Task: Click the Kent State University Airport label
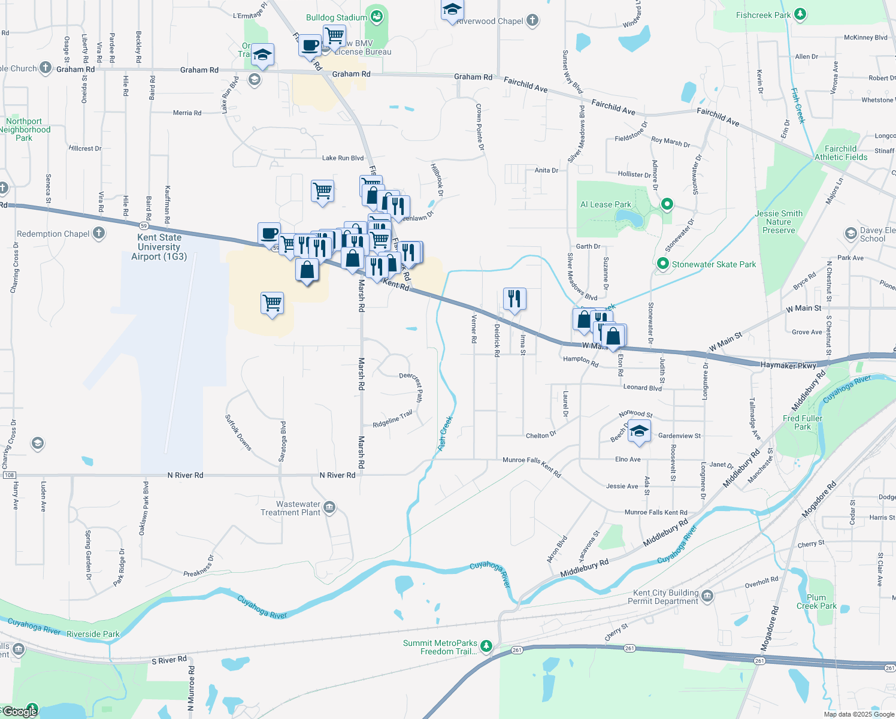coord(159,247)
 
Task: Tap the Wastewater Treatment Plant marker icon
coord(329,508)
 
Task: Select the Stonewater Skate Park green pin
coord(662,264)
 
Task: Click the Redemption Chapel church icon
coord(99,233)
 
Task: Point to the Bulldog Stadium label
coord(336,17)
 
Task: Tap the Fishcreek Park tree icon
coord(800,14)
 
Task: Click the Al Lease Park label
coord(606,204)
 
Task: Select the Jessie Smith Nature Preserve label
coord(779,222)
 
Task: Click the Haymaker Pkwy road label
coord(788,365)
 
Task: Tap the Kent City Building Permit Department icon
coord(707,596)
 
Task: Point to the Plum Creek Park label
coord(816,602)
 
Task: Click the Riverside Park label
coord(93,634)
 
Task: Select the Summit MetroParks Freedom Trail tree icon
coord(486,646)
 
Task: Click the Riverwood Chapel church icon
coord(532,20)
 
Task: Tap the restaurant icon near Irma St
coord(514,298)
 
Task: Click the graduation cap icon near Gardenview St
coord(639,431)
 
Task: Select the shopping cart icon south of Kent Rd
coord(272,303)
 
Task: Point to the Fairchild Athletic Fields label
coord(840,153)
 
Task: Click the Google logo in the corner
coord(20,711)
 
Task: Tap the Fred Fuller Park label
coord(803,422)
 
